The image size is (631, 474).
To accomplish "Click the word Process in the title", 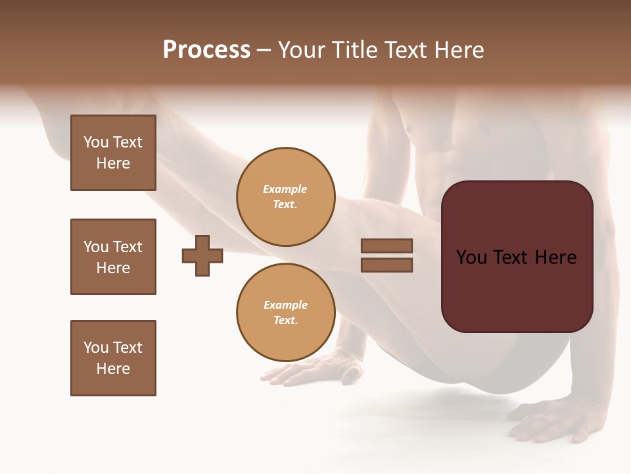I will point(206,50).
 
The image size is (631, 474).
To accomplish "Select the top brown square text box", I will point(113,153).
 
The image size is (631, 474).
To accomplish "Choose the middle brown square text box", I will point(113,257).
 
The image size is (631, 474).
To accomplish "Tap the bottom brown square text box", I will point(113,358).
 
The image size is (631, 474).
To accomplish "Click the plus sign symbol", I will point(202,255).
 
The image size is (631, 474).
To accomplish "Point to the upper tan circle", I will point(285,197).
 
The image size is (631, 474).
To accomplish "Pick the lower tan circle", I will point(285,313).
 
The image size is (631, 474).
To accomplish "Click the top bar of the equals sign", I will point(386,246).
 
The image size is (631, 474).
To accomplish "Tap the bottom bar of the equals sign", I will point(386,265).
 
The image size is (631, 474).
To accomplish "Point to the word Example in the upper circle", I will point(285,189).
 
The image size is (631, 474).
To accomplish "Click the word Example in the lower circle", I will point(285,305).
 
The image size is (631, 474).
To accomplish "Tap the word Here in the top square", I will point(113,163).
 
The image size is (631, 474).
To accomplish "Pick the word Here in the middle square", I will point(113,268).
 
